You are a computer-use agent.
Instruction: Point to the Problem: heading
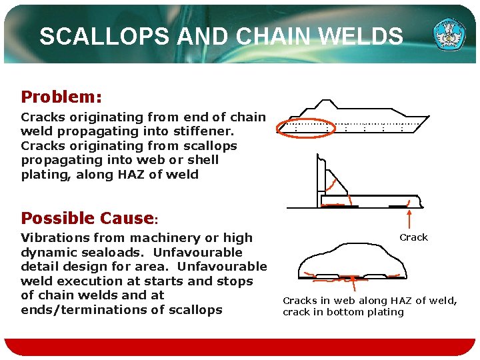tap(61, 97)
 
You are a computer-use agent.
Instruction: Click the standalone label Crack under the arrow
tap(413, 237)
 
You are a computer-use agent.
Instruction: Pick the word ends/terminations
tap(79, 309)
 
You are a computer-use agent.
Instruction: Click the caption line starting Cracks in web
tap(370, 301)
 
